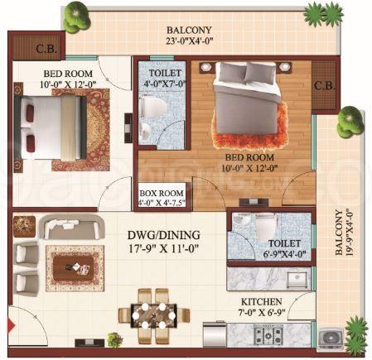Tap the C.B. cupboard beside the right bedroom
tap(325, 84)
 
